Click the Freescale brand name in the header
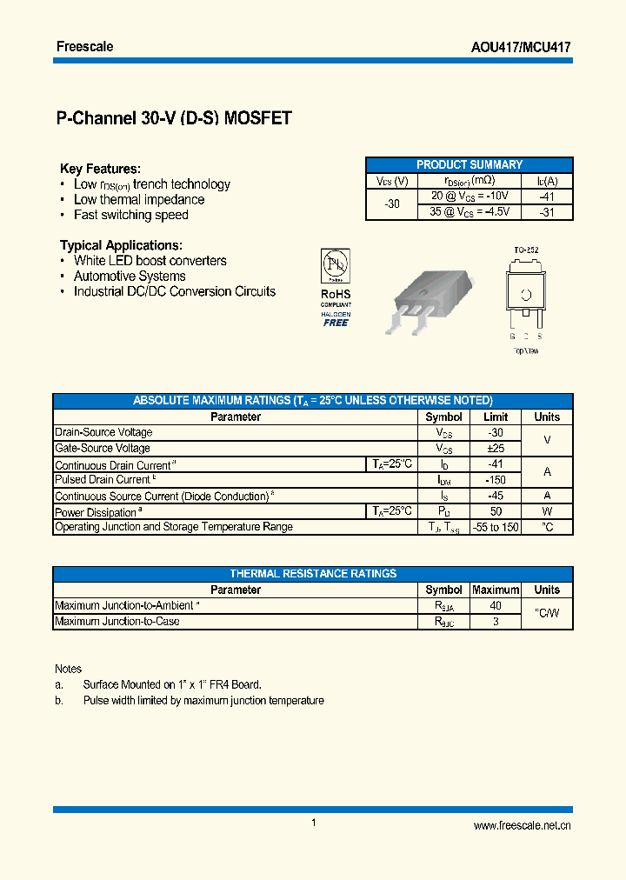click(x=84, y=47)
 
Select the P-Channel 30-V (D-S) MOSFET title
click(x=174, y=119)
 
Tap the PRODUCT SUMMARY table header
click(x=469, y=164)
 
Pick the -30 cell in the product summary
click(x=392, y=204)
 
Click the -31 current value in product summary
click(x=546, y=212)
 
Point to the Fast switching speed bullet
click(x=130, y=215)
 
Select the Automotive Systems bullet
click(x=130, y=277)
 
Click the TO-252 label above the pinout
click(x=525, y=250)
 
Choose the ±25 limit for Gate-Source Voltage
click(x=496, y=449)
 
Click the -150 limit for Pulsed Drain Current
click(x=496, y=480)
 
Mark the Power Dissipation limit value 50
click(x=496, y=511)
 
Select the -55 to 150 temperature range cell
click(x=496, y=527)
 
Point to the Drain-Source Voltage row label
click(x=103, y=432)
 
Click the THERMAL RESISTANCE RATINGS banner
click(x=313, y=574)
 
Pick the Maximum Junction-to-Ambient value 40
click(x=496, y=605)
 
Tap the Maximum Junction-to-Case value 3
click(x=496, y=621)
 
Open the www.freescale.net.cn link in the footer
click(x=522, y=826)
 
